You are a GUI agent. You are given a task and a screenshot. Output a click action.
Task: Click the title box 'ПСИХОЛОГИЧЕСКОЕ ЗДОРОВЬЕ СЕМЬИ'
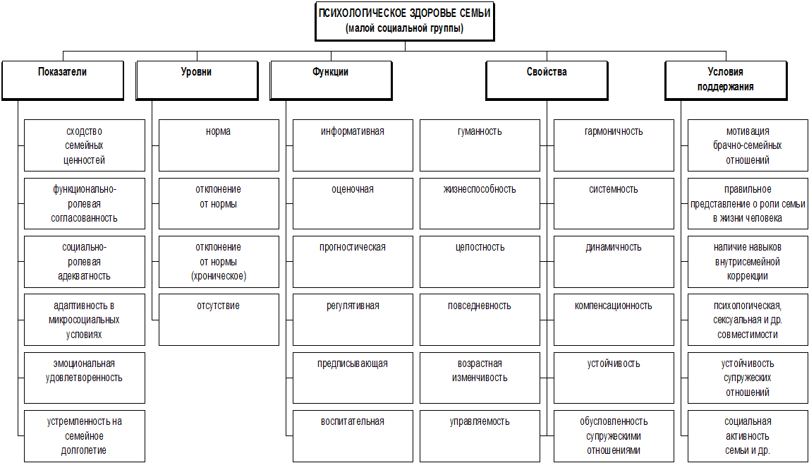405,21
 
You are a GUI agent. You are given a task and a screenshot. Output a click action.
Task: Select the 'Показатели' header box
63,80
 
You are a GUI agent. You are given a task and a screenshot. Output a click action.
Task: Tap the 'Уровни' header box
197,80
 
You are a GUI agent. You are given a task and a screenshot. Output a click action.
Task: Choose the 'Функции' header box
331,80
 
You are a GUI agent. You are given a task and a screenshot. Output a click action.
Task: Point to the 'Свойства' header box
547,80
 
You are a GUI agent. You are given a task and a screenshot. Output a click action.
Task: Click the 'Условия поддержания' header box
726,80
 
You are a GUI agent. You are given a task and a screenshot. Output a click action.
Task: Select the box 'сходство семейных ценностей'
85,145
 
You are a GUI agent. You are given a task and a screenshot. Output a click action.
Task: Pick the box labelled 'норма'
219,145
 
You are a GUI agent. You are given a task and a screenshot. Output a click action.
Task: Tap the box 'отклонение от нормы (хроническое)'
219,262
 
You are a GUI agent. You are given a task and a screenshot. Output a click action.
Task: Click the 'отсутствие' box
219,320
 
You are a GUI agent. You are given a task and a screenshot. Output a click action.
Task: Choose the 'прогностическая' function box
353,262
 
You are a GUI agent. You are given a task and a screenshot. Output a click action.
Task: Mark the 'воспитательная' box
353,436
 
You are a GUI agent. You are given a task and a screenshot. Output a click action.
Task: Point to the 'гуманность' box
480,145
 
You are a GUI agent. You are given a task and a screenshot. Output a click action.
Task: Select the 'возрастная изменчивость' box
480,378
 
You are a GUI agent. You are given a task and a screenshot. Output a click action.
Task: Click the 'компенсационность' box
614,320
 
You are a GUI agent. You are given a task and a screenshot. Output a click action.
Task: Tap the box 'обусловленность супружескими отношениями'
614,436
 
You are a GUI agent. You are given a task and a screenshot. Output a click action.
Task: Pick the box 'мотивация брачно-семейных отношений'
748,145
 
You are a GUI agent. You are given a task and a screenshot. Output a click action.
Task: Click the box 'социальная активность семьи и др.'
748,436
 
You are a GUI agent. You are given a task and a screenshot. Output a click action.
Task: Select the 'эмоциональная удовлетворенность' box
85,378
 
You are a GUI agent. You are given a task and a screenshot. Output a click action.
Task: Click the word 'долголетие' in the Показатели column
84,450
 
